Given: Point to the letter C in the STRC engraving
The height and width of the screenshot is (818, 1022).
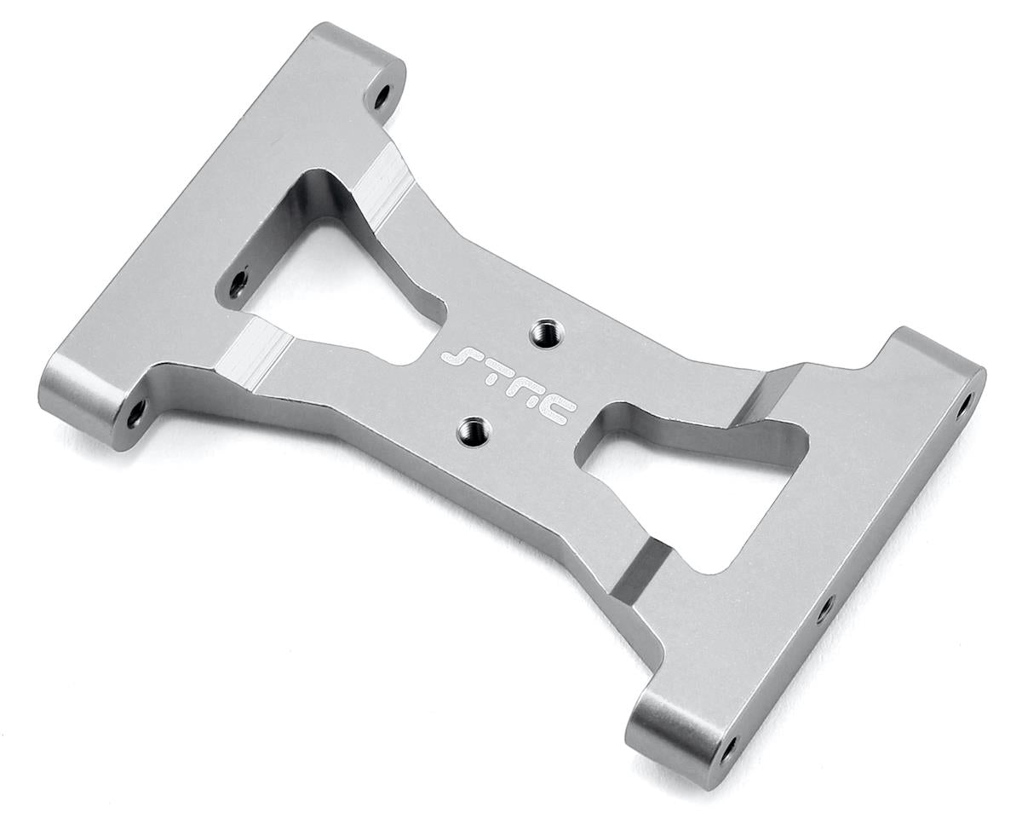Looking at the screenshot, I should [558, 411].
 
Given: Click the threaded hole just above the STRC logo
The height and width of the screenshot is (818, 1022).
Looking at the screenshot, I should [543, 331].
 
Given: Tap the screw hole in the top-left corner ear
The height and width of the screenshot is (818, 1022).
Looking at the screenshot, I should [380, 95].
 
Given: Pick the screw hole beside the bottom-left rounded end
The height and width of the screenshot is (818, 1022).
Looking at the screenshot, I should [136, 412].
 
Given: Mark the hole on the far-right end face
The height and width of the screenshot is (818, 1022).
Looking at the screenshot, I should [963, 405].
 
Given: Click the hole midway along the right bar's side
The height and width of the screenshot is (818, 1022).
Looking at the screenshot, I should [824, 608].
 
